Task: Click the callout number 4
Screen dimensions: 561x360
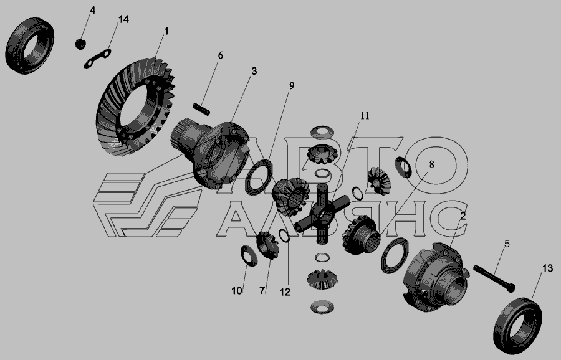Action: point(92,11)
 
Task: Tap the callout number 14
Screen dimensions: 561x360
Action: point(123,19)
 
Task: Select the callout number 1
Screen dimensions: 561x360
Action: point(166,31)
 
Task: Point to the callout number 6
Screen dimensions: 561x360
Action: point(221,55)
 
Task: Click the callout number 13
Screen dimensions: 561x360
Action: point(547,268)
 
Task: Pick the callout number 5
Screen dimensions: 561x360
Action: point(507,244)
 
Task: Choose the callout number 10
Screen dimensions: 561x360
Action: point(237,291)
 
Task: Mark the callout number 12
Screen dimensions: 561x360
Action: point(285,292)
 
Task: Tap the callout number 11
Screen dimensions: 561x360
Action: point(364,115)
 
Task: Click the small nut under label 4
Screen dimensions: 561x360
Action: point(81,44)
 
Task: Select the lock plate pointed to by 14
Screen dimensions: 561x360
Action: point(97,59)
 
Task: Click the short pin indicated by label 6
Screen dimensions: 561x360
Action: point(201,109)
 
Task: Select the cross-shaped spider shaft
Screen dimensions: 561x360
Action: point(323,214)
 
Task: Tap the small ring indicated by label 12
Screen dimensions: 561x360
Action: point(285,236)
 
